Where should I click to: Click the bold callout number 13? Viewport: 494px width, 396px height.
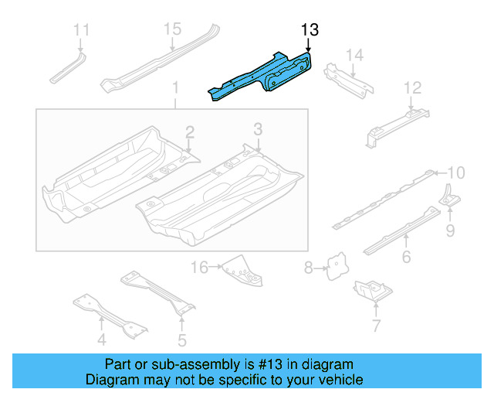click(x=310, y=29)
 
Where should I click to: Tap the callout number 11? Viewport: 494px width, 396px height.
click(x=81, y=30)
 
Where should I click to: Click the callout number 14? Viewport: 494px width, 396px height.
click(x=354, y=54)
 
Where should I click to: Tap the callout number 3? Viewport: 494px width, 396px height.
click(x=258, y=128)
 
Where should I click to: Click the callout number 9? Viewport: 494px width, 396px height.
click(x=449, y=230)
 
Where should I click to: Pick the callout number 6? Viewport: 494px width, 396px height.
click(x=406, y=258)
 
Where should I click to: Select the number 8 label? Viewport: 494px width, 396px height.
click(x=309, y=268)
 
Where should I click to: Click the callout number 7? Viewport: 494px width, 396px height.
click(x=376, y=326)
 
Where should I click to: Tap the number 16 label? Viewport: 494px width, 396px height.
click(x=200, y=268)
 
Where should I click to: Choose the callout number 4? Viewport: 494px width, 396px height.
click(x=101, y=340)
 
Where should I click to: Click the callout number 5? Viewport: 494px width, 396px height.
click(x=181, y=340)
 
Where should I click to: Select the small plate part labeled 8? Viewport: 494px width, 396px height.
click(x=336, y=266)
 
